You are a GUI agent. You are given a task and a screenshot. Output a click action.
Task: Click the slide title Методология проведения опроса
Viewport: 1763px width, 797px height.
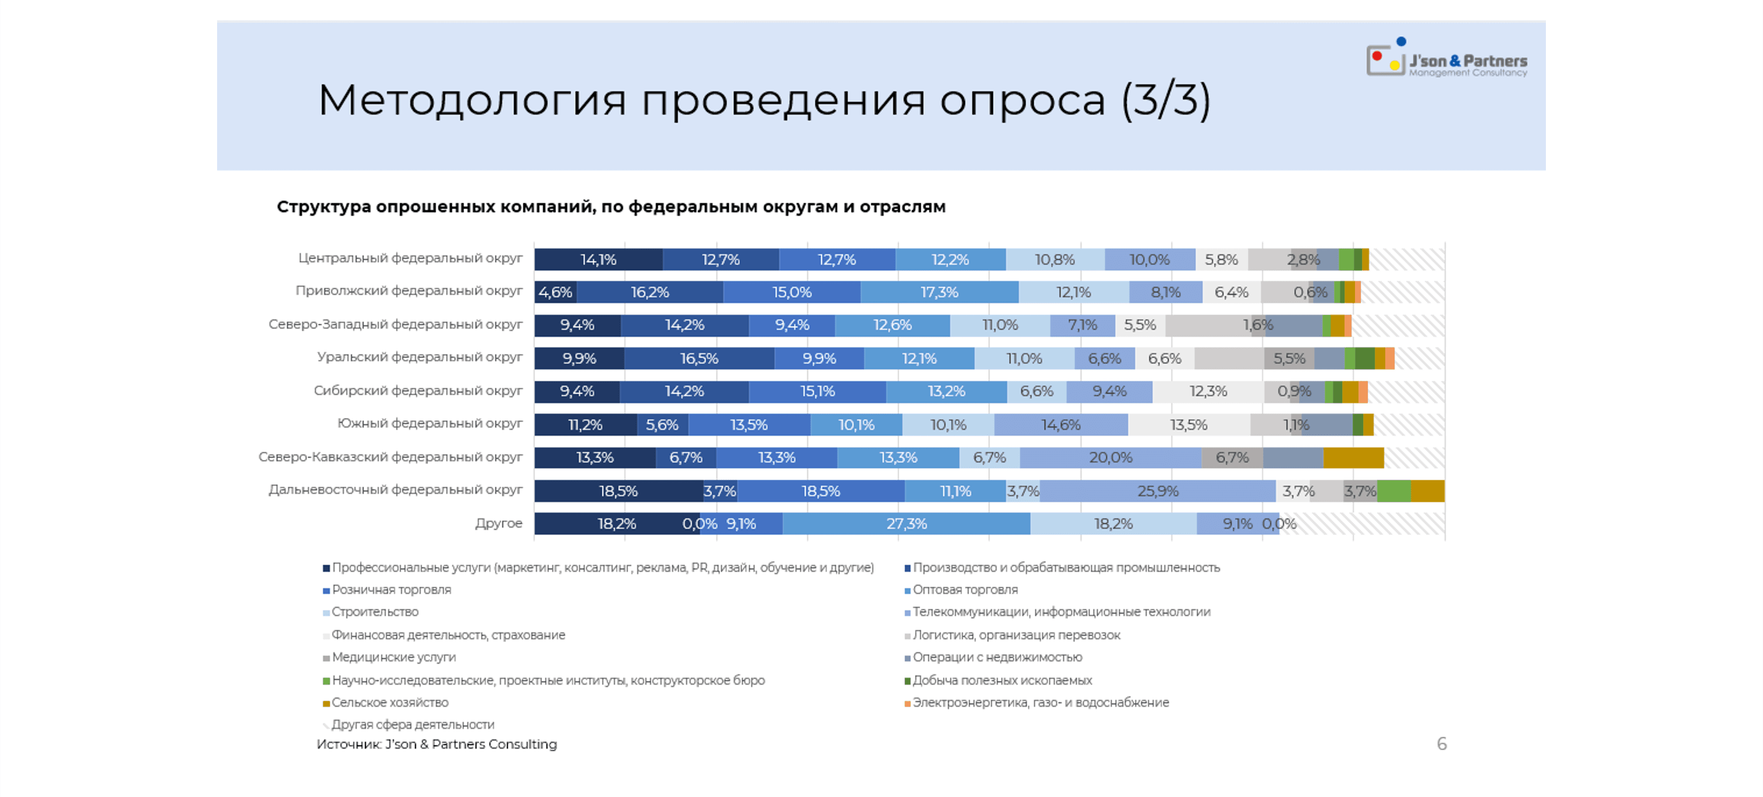click(x=763, y=100)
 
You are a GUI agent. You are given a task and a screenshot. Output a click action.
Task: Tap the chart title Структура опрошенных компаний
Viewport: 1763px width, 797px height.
click(x=611, y=206)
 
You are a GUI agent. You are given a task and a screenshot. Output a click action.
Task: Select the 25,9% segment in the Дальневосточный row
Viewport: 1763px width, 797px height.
click(x=1157, y=491)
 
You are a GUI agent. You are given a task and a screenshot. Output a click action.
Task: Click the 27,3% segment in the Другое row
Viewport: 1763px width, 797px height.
click(x=906, y=524)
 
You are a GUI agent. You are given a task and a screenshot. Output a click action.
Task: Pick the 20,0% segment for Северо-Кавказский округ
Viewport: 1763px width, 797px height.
click(x=1110, y=458)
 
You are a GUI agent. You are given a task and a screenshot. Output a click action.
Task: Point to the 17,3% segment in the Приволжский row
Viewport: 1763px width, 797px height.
click(x=939, y=292)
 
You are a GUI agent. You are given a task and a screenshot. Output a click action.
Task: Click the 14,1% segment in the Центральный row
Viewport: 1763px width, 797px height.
click(x=598, y=260)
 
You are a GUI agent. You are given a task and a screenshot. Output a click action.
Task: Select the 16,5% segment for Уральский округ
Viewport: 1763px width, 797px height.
click(x=699, y=358)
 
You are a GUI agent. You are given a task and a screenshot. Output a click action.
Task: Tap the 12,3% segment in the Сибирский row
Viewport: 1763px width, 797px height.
click(x=1208, y=391)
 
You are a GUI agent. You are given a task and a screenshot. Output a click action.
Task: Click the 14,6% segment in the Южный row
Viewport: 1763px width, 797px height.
click(x=1060, y=424)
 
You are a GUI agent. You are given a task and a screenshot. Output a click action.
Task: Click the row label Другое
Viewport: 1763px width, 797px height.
click(x=498, y=524)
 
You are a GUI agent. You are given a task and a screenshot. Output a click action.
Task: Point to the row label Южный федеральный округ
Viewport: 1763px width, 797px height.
click(x=429, y=424)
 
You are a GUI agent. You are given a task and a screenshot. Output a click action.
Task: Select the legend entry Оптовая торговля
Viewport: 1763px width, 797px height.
click(x=964, y=590)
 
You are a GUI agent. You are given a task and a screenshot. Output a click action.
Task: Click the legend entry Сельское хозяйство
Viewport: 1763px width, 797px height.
click(x=389, y=703)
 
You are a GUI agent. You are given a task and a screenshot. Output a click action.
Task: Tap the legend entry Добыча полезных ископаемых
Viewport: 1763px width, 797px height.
click(x=1001, y=680)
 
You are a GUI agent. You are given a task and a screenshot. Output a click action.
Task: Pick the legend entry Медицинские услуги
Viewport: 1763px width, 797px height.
click(x=393, y=657)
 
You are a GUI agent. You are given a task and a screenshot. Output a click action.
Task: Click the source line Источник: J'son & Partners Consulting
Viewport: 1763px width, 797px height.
click(x=437, y=744)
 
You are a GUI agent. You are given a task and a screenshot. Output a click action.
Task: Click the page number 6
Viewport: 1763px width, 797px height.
click(x=1441, y=743)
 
